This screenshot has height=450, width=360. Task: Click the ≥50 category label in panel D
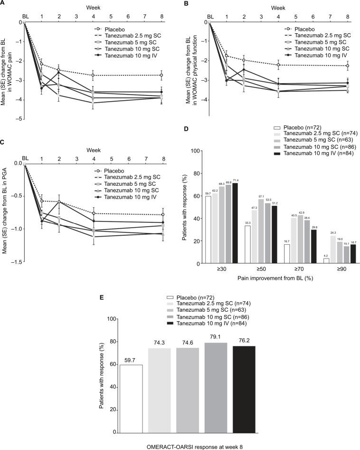pos(253,269)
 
